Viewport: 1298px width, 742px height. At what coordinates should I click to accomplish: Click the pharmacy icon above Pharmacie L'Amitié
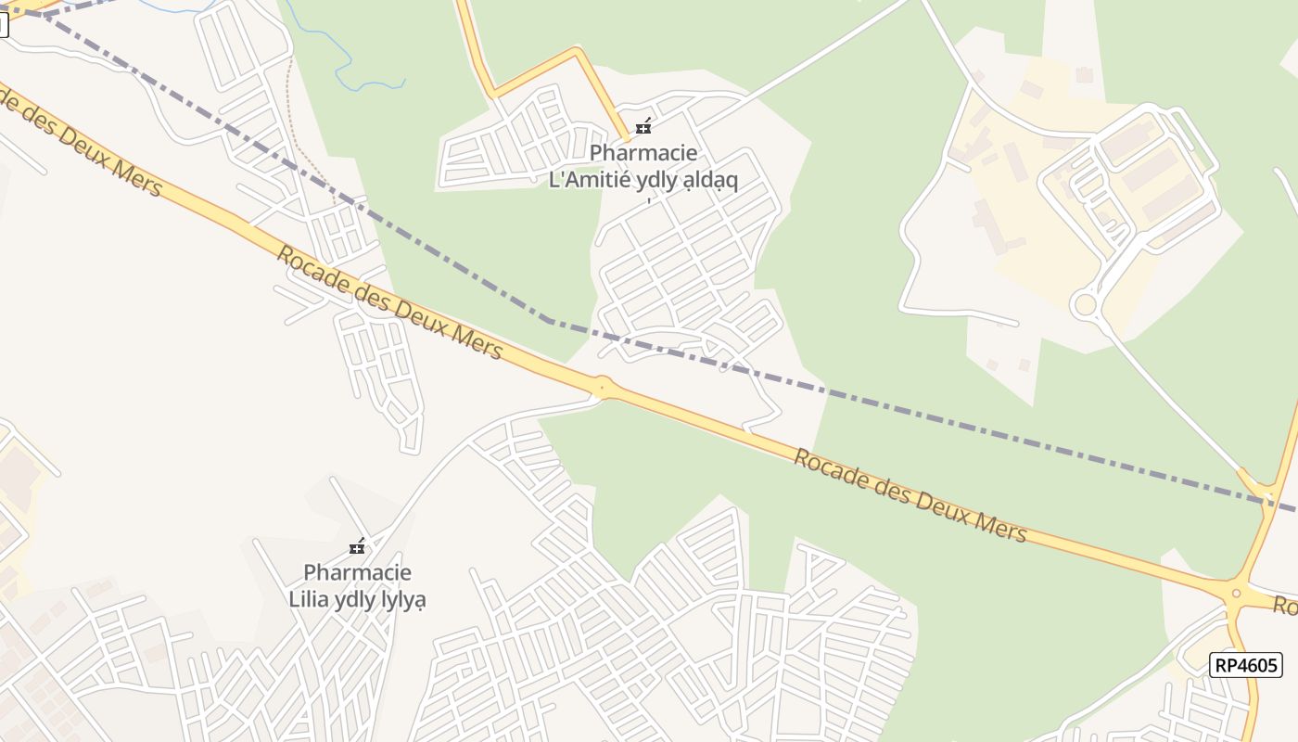(x=643, y=126)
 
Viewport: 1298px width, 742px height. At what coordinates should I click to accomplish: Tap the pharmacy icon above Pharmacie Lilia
(x=357, y=546)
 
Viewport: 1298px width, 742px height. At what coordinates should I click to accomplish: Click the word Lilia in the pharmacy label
(x=309, y=599)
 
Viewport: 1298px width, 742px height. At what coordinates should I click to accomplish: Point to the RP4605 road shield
(x=1245, y=664)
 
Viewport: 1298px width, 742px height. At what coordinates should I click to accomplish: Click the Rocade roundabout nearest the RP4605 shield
(x=1235, y=592)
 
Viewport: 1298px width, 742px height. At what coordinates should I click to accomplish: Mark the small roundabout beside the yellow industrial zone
(x=1084, y=304)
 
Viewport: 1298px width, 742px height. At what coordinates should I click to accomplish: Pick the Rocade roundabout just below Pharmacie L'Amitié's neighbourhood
(x=604, y=387)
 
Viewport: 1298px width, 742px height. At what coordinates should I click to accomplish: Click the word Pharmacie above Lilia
(x=357, y=572)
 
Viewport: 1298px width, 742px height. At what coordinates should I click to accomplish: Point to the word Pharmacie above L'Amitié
(x=643, y=152)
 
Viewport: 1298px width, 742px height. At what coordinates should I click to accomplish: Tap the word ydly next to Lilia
(x=352, y=599)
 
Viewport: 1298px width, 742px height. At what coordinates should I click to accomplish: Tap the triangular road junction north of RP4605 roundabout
(x=1261, y=487)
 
